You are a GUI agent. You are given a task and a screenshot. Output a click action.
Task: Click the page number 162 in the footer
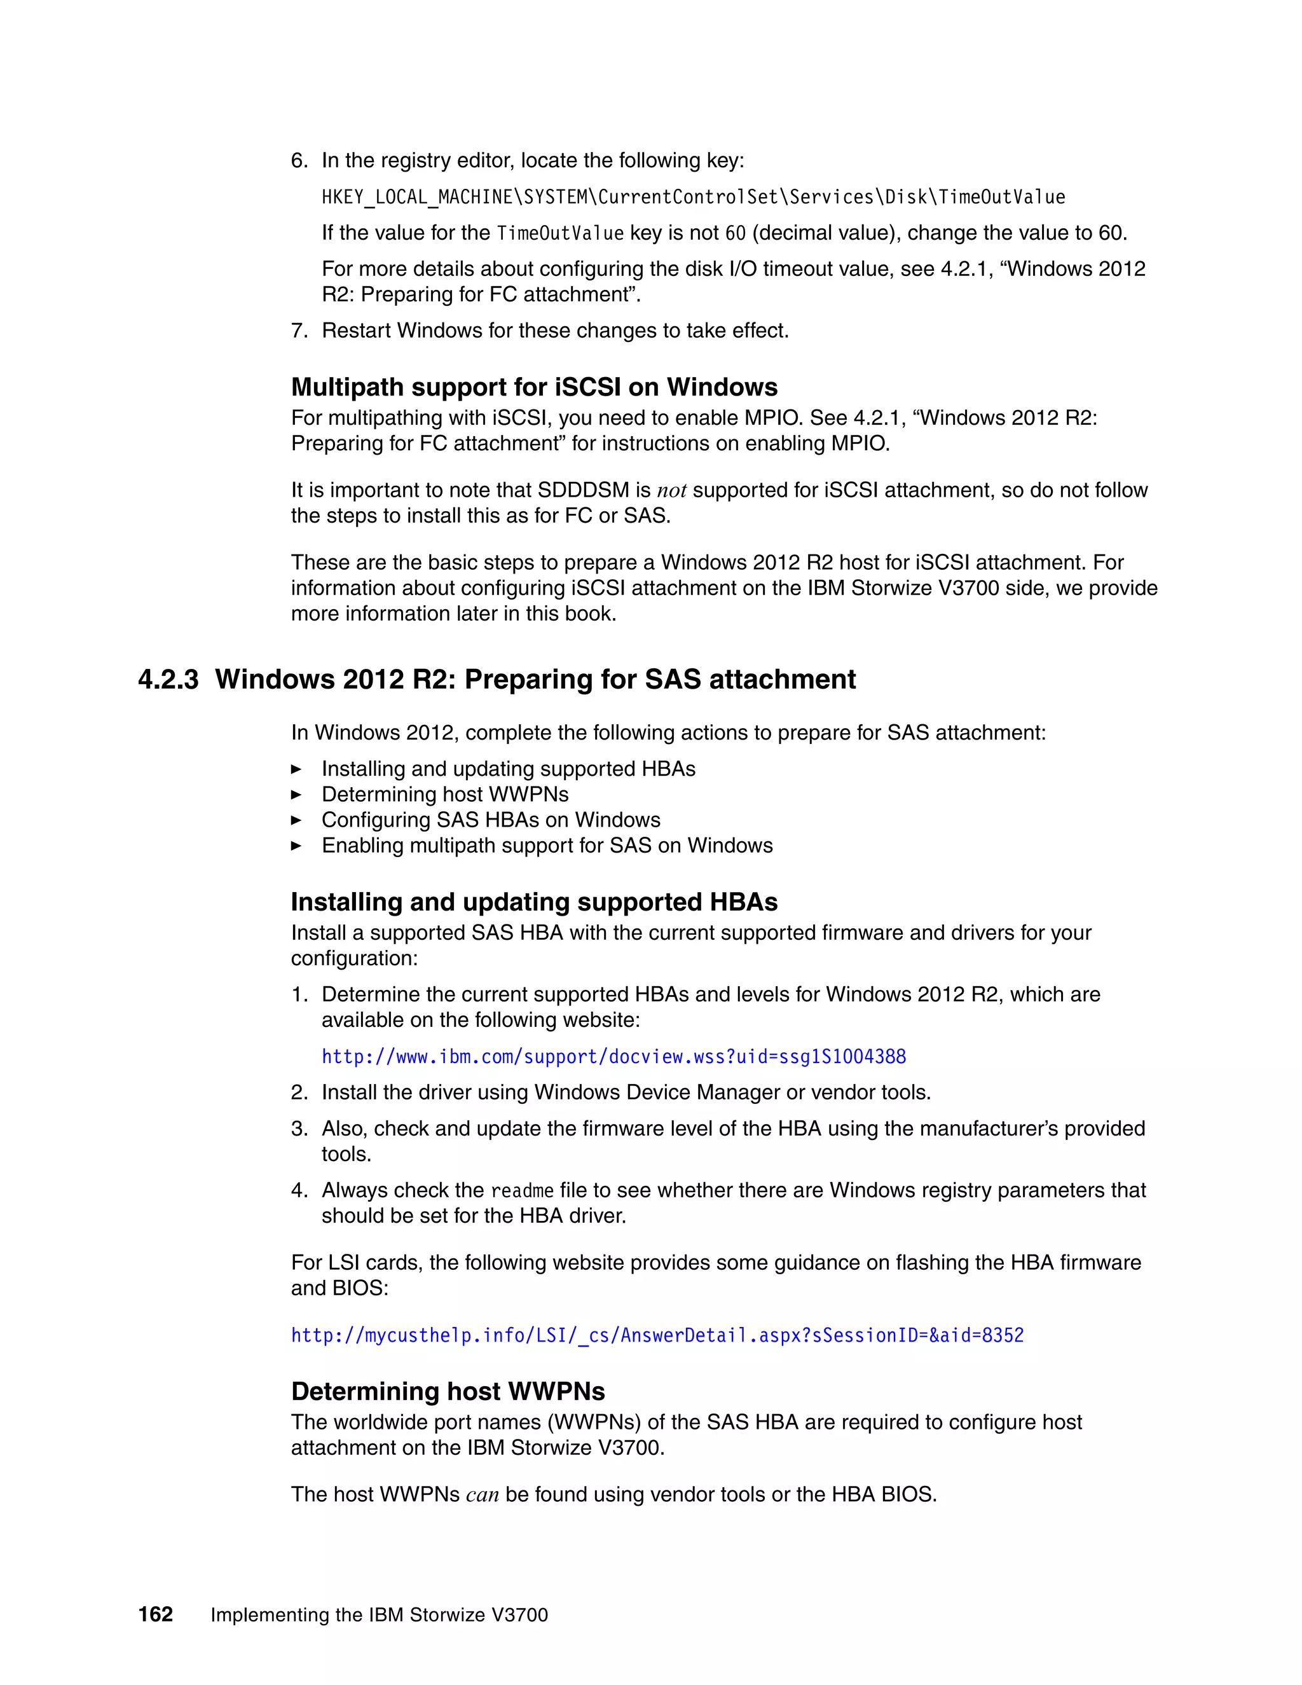click(x=156, y=1614)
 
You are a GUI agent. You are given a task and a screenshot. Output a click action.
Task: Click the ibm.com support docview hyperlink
click(x=613, y=1056)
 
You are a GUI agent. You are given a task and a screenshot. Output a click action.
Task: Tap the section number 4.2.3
click(x=168, y=679)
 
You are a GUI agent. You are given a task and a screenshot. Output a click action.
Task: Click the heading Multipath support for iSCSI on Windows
click(x=534, y=387)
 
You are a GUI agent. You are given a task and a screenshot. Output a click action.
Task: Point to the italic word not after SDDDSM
click(x=671, y=491)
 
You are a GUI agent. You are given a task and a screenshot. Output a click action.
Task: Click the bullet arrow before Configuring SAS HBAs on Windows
click(x=296, y=820)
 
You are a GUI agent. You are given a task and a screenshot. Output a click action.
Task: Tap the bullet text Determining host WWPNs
click(x=445, y=794)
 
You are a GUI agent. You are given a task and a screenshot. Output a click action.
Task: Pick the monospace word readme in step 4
click(x=522, y=1190)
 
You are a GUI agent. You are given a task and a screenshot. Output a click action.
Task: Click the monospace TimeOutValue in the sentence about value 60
click(x=560, y=233)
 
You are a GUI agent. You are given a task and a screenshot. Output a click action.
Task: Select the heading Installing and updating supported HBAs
click(x=534, y=901)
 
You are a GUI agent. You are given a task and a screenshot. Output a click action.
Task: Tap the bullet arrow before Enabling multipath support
click(x=296, y=846)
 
